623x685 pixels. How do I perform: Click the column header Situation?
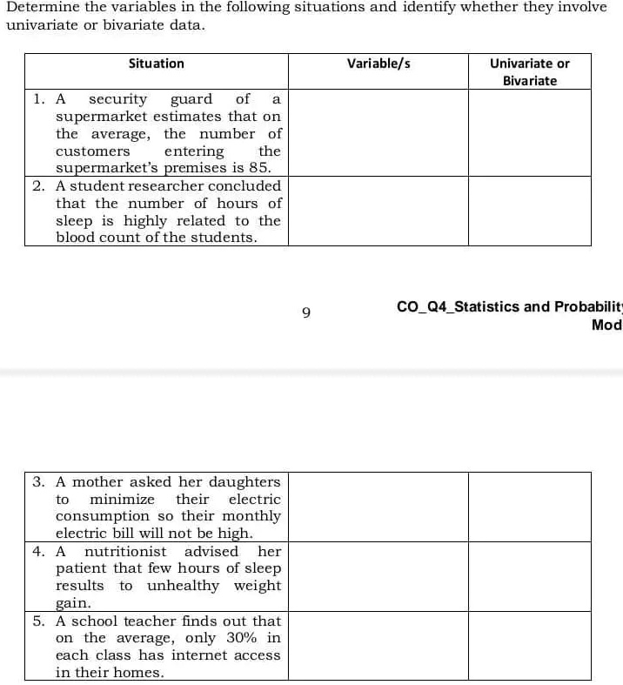click(x=157, y=64)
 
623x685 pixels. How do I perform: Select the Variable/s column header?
click(x=378, y=64)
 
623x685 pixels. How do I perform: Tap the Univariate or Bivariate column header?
click(x=530, y=71)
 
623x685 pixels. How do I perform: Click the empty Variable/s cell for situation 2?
click(x=378, y=211)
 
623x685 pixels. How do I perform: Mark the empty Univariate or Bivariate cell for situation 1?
click(x=530, y=132)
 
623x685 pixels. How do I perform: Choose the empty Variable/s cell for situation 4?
click(x=378, y=576)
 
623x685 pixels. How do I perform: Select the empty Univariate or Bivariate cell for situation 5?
click(x=530, y=646)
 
